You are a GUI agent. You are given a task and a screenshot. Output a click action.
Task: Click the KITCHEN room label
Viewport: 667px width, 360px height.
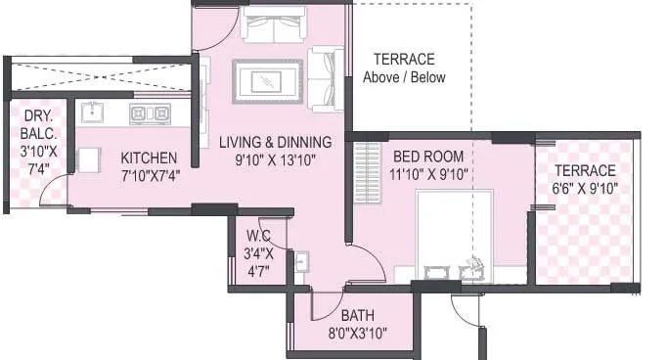149,157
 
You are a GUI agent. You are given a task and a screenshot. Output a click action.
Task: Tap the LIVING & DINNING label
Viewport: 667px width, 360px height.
275,142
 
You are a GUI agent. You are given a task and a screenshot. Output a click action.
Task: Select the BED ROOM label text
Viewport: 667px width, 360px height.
428,157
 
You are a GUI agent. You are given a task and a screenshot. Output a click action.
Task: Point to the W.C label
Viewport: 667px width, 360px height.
258,235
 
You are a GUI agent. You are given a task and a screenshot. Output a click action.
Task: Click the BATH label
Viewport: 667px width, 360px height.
357,315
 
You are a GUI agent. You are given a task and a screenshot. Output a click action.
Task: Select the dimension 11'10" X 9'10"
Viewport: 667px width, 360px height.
428,174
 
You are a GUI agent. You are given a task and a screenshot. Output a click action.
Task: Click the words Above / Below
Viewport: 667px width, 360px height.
404,77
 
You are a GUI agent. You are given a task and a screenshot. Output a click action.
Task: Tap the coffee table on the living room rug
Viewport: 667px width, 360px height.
267,81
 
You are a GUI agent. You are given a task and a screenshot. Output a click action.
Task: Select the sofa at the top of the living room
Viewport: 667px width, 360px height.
273,28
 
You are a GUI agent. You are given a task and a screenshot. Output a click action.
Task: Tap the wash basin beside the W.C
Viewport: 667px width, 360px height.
302,262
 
